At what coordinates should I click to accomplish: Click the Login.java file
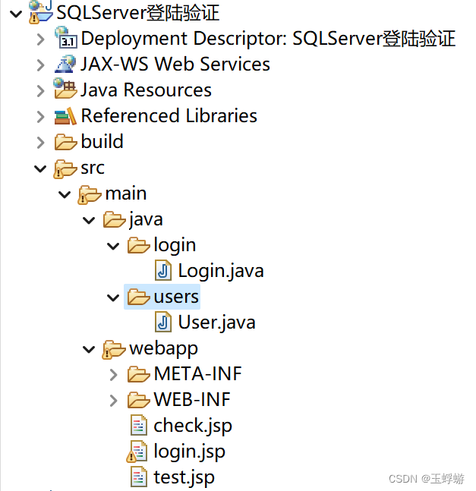click(x=220, y=270)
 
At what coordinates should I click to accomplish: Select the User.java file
click(x=216, y=322)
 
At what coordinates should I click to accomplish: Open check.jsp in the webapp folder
click(x=192, y=425)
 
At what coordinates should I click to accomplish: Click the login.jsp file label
click(x=189, y=451)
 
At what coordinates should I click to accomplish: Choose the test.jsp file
click(x=184, y=477)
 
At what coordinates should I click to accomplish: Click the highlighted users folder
click(x=175, y=296)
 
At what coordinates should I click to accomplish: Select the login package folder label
click(x=175, y=244)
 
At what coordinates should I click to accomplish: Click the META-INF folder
click(x=197, y=373)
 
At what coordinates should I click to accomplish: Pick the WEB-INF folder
click(x=191, y=399)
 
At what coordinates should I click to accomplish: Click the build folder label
click(x=102, y=141)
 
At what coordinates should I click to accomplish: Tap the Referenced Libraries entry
click(x=169, y=115)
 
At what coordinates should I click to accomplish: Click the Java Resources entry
click(x=146, y=90)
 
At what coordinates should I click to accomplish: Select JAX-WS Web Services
click(x=175, y=64)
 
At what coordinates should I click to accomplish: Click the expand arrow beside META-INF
click(x=113, y=374)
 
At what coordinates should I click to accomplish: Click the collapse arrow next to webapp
click(x=89, y=349)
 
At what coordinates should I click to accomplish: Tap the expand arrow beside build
click(x=40, y=142)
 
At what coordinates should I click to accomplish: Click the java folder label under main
click(x=146, y=219)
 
